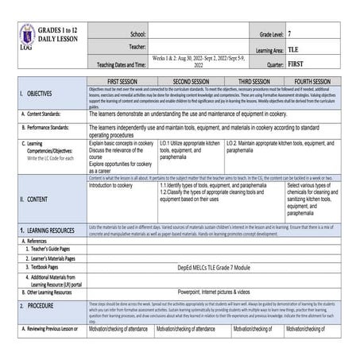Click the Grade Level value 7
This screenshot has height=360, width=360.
click(290, 36)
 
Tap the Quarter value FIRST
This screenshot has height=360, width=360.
click(296, 64)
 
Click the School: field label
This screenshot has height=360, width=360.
click(136, 36)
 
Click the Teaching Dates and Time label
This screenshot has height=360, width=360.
click(120, 64)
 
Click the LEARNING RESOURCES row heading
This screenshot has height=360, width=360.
click(44, 230)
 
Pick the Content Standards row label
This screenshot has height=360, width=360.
click(45, 114)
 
